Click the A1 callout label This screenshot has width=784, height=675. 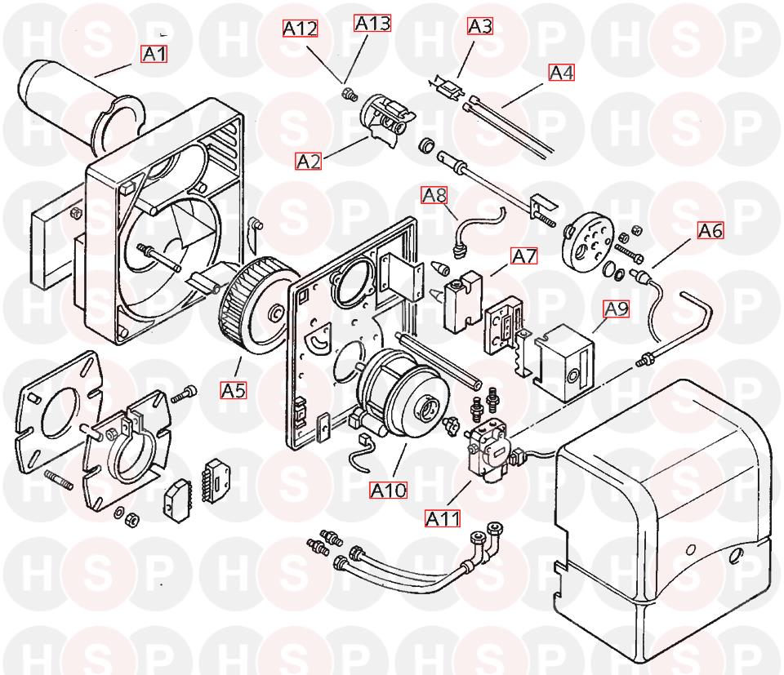pos(154,53)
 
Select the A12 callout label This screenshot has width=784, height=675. pos(300,29)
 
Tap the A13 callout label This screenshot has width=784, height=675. pos(372,23)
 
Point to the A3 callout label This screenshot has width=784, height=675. pos(480,26)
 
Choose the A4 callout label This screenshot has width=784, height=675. pos(562,73)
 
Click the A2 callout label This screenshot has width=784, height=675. pos(309,162)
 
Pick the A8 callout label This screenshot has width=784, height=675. pos(434,195)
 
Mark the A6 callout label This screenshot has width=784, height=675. pos(710,230)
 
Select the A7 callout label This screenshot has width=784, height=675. pos(524,255)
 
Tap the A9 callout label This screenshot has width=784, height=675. pos(616,309)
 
